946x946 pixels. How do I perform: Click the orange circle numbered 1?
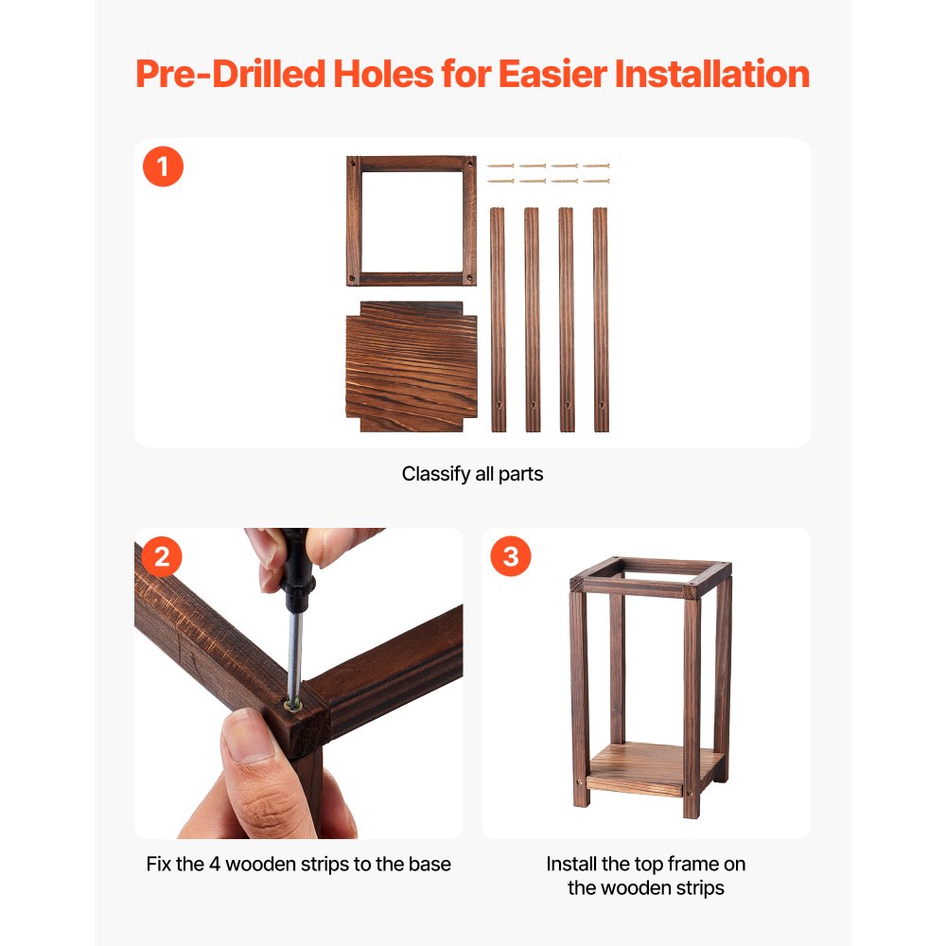(x=163, y=167)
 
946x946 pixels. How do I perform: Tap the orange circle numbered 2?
(x=162, y=557)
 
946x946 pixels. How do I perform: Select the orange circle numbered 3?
(x=511, y=556)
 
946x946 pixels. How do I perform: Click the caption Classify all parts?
(x=472, y=474)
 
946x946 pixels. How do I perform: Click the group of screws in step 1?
(x=548, y=172)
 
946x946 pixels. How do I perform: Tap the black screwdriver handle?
(x=296, y=568)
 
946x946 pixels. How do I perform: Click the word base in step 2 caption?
(x=431, y=864)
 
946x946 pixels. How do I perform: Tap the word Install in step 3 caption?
(x=571, y=864)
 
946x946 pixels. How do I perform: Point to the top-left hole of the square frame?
(x=353, y=163)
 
